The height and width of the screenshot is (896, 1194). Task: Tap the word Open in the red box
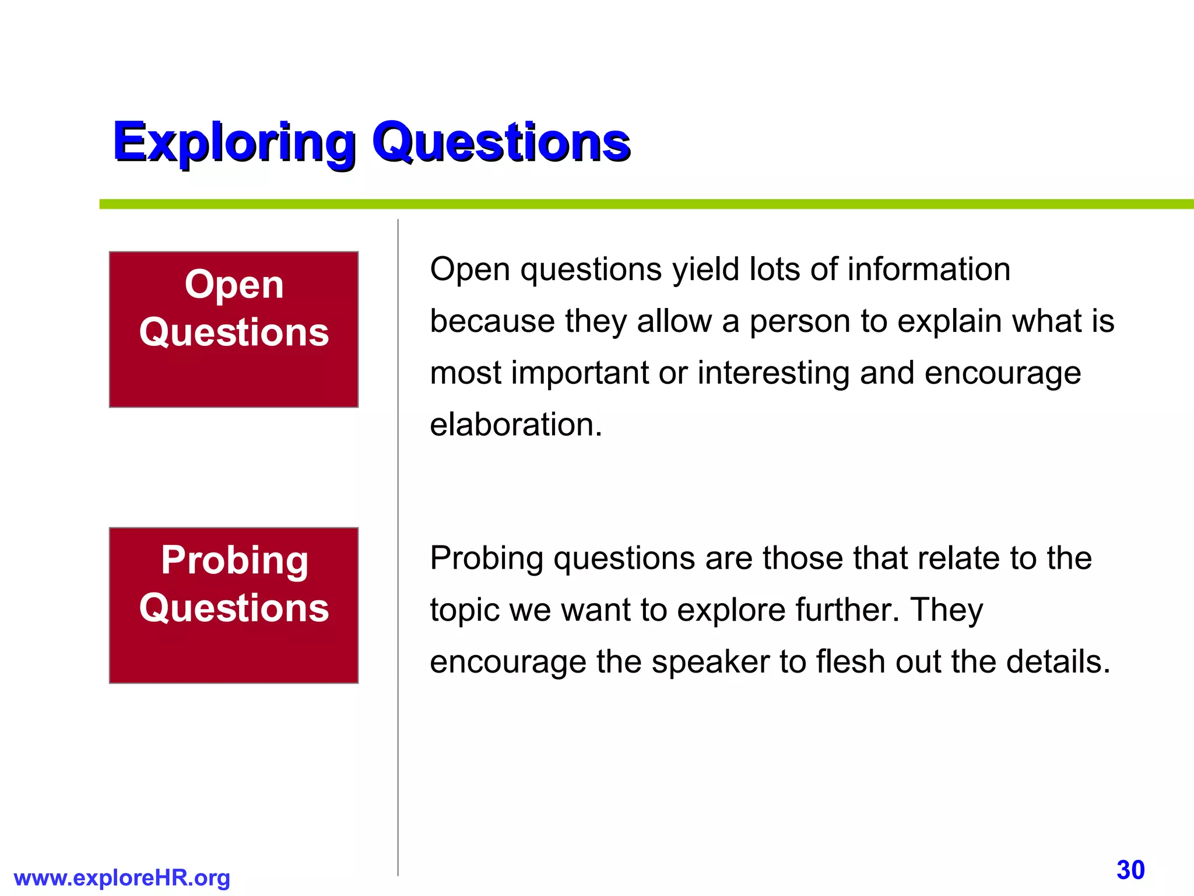click(234, 285)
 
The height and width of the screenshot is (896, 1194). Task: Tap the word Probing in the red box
click(234, 561)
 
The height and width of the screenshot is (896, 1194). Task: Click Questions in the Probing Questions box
click(234, 608)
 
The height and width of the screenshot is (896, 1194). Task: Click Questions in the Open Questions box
click(234, 332)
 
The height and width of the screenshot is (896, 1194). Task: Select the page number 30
click(1130, 870)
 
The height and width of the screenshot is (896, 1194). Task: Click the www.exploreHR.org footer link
click(122, 877)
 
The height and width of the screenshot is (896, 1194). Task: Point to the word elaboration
click(515, 424)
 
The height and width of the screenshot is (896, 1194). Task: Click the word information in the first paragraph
click(929, 269)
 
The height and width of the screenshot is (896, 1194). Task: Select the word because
click(492, 321)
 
